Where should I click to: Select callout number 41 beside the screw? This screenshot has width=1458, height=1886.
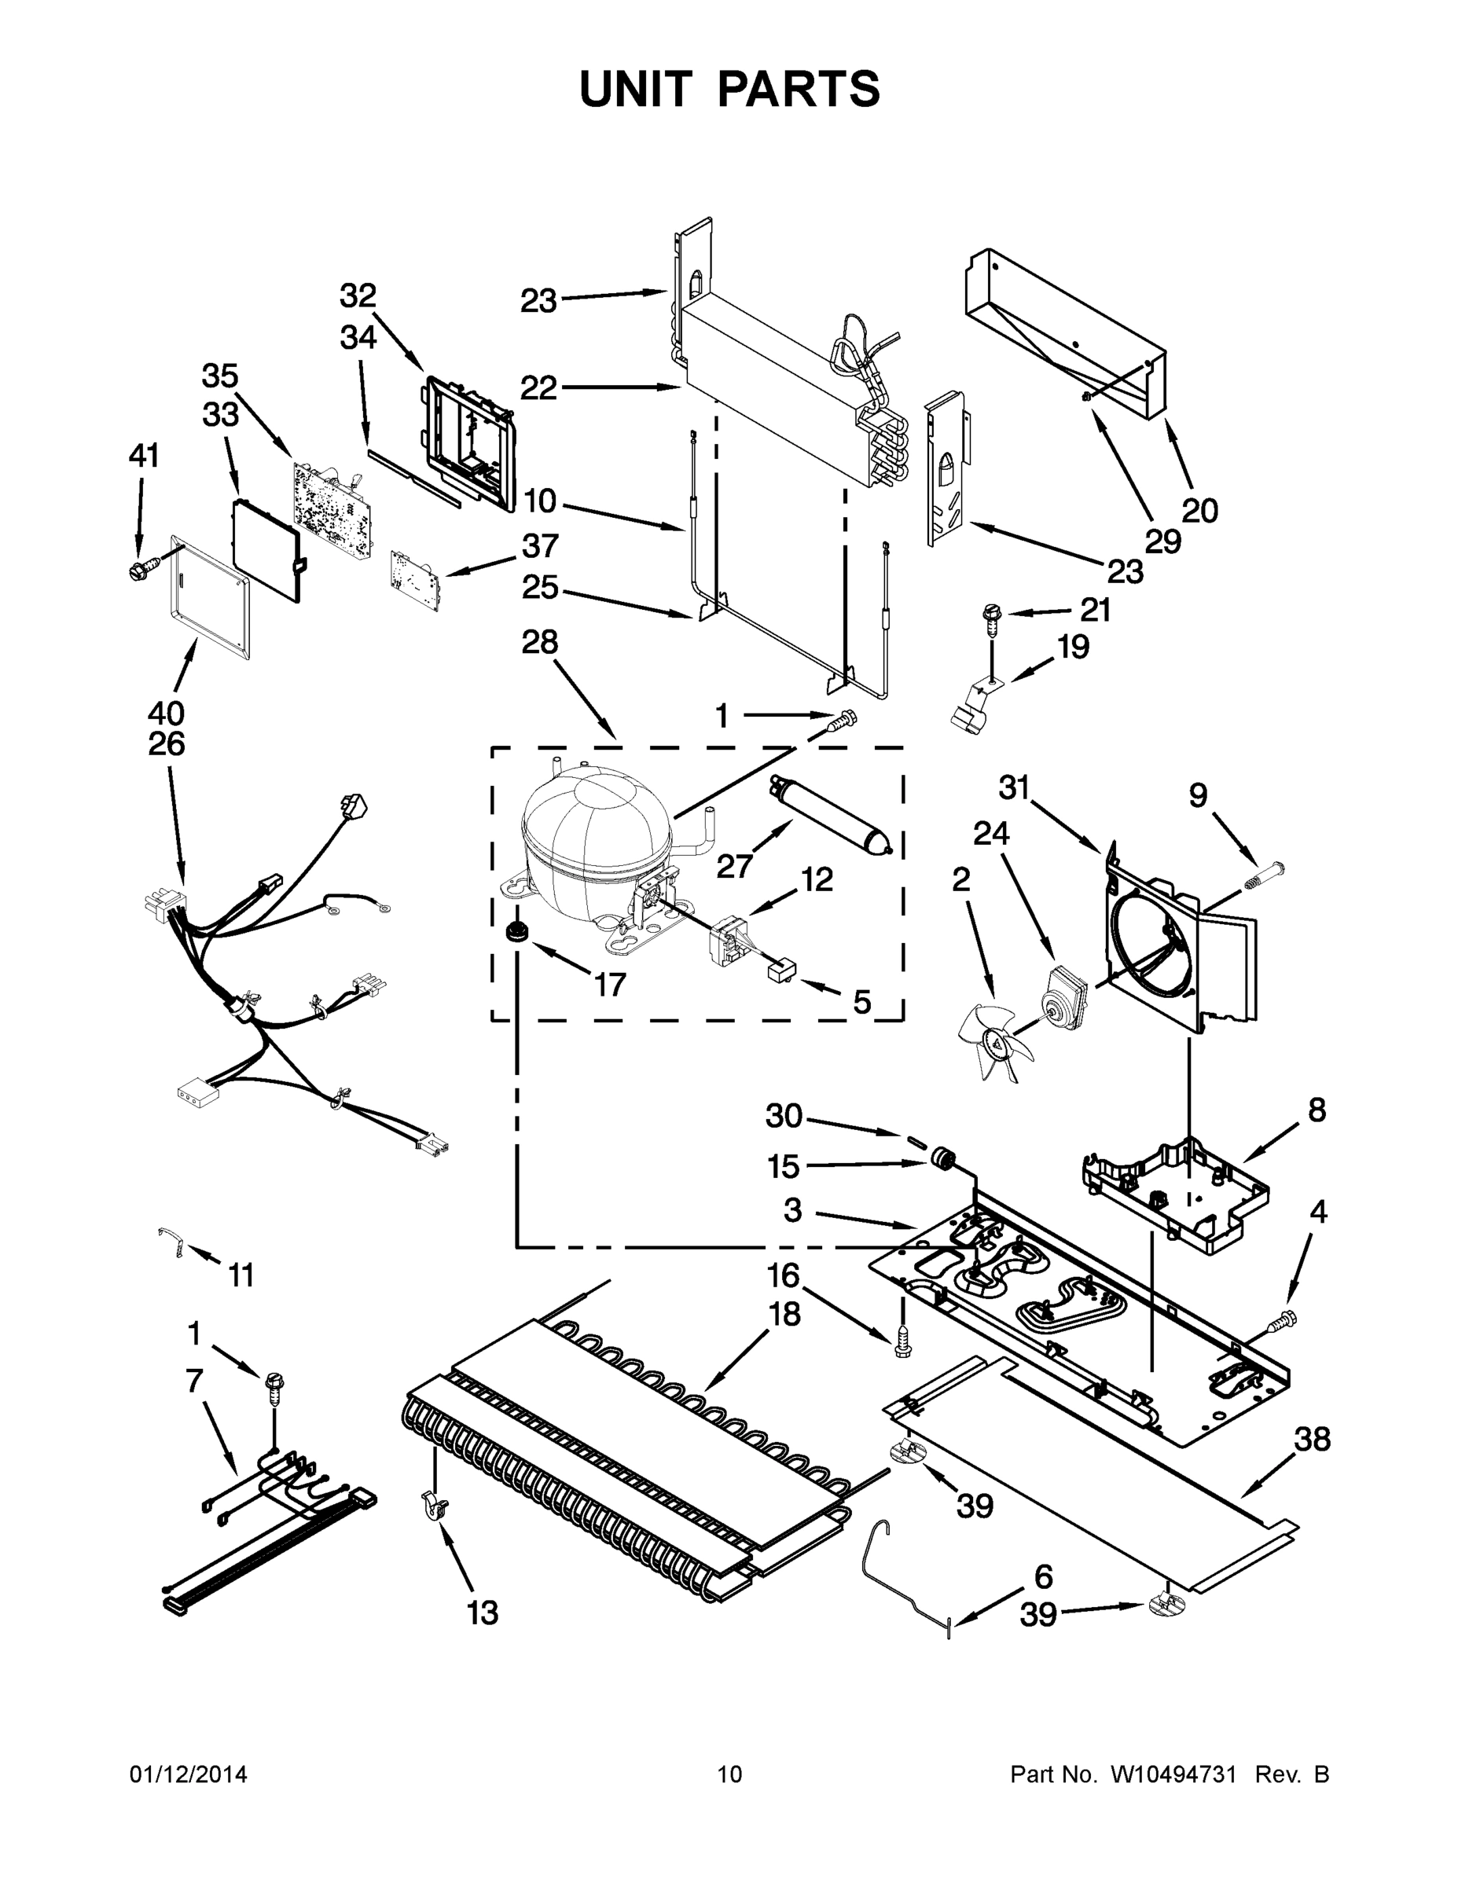point(145,455)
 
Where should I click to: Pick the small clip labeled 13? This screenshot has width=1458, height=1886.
point(435,1509)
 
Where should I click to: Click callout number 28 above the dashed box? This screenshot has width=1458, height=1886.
point(540,643)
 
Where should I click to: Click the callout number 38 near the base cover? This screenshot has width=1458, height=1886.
point(1312,1440)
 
